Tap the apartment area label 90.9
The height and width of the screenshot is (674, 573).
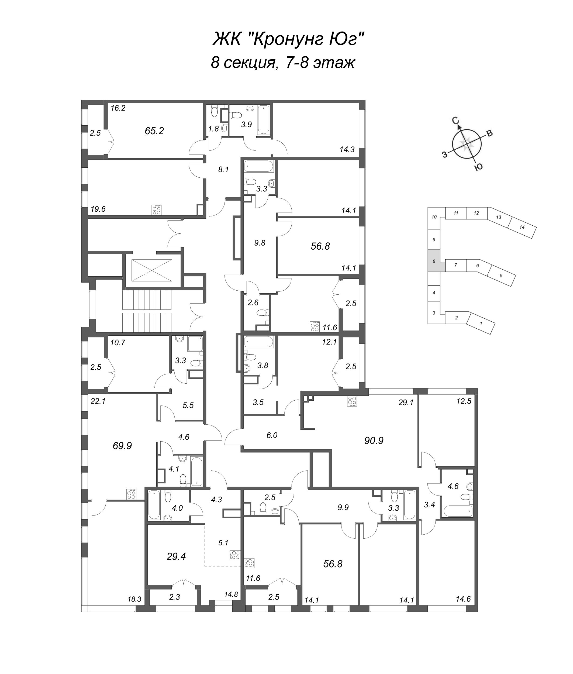tap(374, 441)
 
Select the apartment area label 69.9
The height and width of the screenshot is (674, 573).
tap(122, 446)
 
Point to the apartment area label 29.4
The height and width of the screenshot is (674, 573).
tap(176, 557)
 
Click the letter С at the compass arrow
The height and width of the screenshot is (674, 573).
tap(456, 121)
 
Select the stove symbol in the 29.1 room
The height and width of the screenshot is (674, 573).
tap(352, 401)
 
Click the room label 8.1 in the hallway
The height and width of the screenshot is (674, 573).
tap(223, 170)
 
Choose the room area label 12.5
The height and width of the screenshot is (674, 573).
tap(464, 401)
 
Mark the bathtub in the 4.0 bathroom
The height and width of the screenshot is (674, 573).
tap(154, 505)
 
